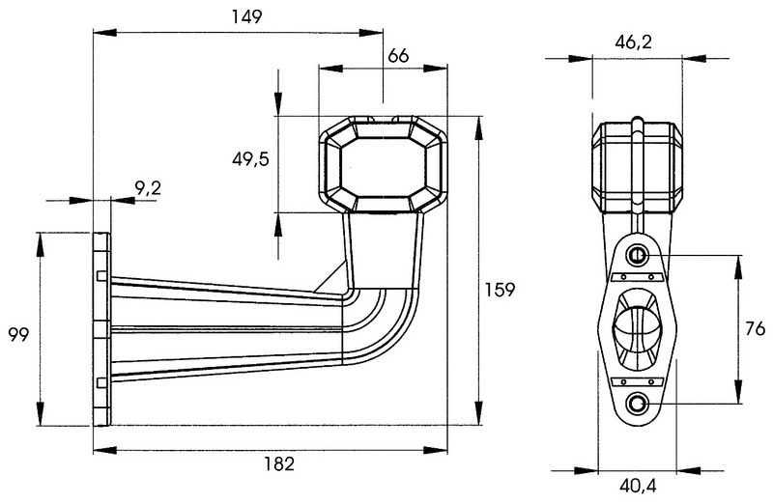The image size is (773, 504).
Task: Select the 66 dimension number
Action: point(397,56)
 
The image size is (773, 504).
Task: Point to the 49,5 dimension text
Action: point(249,159)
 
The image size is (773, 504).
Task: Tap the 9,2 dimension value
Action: point(147,189)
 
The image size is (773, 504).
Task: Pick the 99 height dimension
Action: point(17,335)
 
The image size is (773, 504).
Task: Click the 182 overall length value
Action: point(278,464)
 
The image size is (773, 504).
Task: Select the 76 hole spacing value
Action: point(756,329)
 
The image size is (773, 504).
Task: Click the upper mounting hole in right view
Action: point(638,255)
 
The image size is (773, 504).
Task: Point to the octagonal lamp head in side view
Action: point(383,165)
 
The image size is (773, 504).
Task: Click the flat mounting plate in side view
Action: point(101,328)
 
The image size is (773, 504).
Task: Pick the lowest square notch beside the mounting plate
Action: point(100,378)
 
